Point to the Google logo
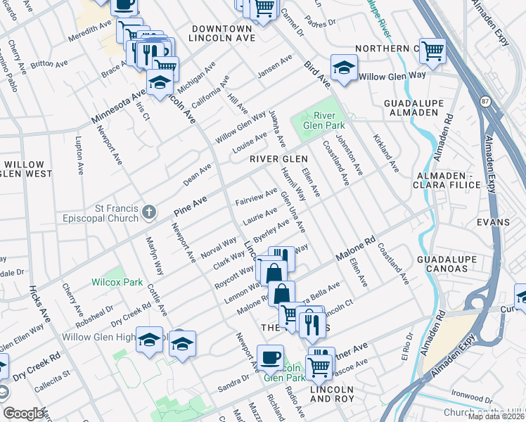[23, 414]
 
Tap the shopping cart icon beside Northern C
[432, 50]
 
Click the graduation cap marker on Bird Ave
[342, 68]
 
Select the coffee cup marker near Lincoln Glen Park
[270, 357]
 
